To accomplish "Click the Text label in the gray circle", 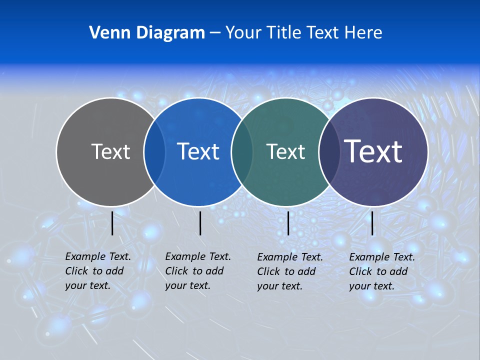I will pyautogui.click(x=110, y=151).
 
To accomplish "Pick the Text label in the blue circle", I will pyautogui.click(x=198, y=151).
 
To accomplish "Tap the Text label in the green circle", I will pyautogui.click(x=285, y=151).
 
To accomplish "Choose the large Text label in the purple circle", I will pyautogui.click(x=373, y=151).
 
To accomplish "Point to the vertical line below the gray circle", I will pyautogui.click(x=112, y=223).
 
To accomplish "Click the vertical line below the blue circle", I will pyautogui.click(x=200, y=223).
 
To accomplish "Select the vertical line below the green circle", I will pyautogui.click(x=288, y=223).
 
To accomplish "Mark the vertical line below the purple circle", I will pyautogui.click(x=372, y=223).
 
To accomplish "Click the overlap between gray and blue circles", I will pyautogui.click(x=154, y=152).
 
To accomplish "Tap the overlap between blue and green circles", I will pyautogui.click(x=242, y=152).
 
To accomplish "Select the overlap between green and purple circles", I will pyautogui.click(x=329, y=152).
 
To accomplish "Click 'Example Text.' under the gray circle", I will pyautogui.click(x=98, y=256).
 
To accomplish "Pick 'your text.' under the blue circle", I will pyautogui.click(x=187, y=285).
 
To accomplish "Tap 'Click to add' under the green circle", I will pyautogui.click(x=286, y=271).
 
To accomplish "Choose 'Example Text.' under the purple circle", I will pyautogui.click(x=382, y=257).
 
